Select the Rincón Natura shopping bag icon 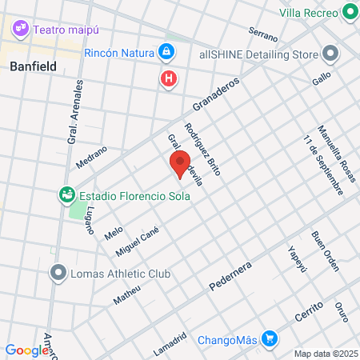[166, 53]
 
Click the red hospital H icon [168, 78]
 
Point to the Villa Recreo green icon [349, 12]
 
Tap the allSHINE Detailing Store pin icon [330, 54]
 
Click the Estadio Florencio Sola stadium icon [66, 194]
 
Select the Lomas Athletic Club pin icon [57, 274]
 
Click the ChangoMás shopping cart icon [270, 338]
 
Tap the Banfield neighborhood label [33, 67]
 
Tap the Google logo [26, 350]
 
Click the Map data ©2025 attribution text [325, 354]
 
